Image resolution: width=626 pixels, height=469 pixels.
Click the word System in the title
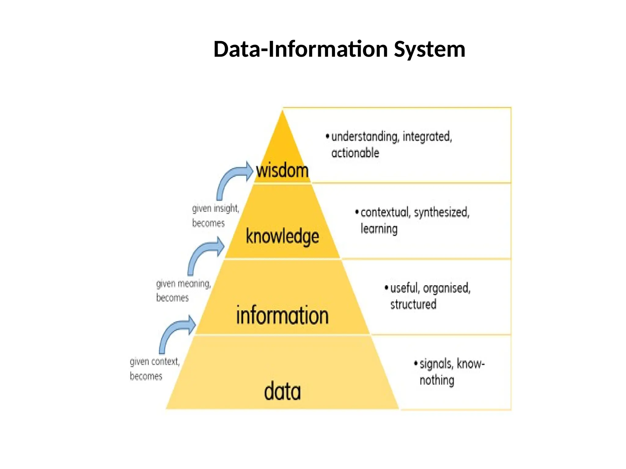click(x=429, y=49)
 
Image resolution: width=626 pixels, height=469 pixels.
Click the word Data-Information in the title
click(x=301, y=49)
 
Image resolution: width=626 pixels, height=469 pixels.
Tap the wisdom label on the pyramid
click(x=282, y=170)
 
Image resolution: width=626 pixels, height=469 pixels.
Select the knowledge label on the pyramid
click(x=282, y=236)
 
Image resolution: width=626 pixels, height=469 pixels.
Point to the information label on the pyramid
click(x=282, y=315)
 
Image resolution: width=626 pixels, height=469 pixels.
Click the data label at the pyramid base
click(x=282, y=391)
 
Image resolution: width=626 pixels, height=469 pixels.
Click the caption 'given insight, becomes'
click(x=215, y=216)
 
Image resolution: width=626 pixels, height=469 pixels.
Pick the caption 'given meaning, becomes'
click(x=183, y=290)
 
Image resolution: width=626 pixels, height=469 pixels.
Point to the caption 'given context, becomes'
click(x=154, y=369)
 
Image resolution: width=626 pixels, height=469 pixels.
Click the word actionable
click(x=355, y=153)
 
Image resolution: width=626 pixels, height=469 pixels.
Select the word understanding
click(x=365, y=136)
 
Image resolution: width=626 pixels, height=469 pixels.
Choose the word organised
click(x=447, y=288)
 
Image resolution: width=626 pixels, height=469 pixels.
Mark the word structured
click(x=413, y=304)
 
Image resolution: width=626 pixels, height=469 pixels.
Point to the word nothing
click(x=437, y=380)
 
